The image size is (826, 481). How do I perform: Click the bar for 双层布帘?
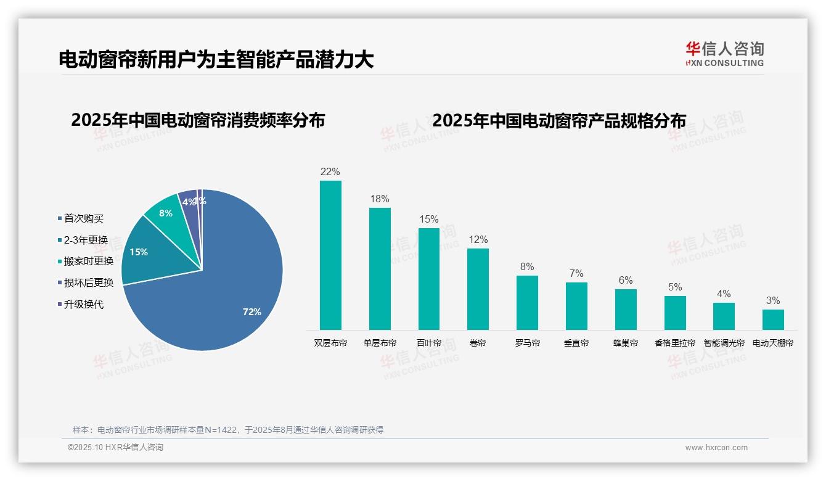[x=330, y=255]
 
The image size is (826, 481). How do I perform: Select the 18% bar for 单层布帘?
[x=380, y=268]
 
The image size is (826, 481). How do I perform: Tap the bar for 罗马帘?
[x=527, y=302]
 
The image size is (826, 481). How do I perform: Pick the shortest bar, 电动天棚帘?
[x=773, y=319]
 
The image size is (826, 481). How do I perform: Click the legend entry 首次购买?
[x=84, y=219]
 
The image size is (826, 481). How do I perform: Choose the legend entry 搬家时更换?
[x=89, y=261]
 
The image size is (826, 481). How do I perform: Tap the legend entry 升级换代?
[x=84, y=305]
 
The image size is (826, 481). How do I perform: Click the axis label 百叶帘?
[x=429, y=343]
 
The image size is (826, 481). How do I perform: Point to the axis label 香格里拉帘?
[x=674, y=343]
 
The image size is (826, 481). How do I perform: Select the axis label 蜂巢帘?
[x=626, y=343]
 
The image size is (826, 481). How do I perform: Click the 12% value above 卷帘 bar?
[x=478, y=240]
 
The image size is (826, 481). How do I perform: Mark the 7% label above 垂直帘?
[x=576, y=274]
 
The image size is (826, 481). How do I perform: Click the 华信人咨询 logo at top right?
[x=724, y=54]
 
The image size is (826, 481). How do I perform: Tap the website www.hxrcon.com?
[x=716, y=448]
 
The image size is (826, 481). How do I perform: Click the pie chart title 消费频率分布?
[x=198, y=120]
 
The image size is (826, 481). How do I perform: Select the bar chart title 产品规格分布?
[x=559, y=121]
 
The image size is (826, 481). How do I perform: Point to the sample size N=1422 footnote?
[x=228, y=430]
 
